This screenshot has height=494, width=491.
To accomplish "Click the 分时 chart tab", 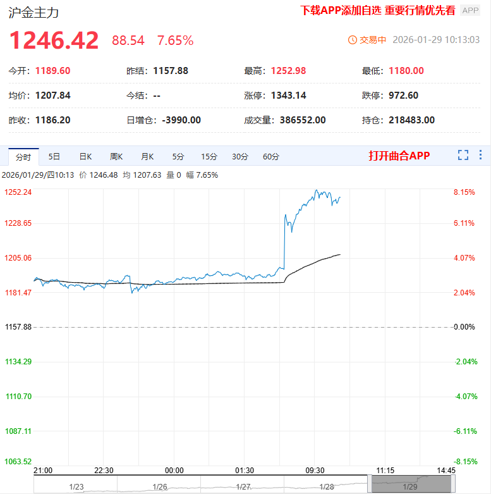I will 23,156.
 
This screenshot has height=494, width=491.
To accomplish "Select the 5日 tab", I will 54,156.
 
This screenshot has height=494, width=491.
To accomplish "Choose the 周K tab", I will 116,156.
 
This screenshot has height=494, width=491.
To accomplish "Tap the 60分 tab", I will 271,156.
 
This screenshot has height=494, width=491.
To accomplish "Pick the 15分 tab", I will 209,156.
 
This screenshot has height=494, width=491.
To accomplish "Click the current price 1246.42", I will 54,40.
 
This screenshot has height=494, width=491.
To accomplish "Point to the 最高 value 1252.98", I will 288,71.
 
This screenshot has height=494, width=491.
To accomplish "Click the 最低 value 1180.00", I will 406,71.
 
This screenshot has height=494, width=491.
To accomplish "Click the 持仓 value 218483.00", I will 411,120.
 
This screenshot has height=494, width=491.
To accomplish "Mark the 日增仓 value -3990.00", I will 181,120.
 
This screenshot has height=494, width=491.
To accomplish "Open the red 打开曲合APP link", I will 399,156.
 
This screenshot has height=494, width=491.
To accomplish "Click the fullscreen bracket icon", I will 463,155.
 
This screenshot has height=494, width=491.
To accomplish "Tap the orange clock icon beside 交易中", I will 353,40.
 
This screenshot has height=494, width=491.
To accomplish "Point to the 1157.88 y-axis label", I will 18,327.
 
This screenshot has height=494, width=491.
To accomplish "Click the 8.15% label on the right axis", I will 464,192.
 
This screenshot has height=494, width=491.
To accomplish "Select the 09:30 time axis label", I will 315,471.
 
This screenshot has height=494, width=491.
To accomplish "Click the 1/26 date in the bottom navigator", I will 160,486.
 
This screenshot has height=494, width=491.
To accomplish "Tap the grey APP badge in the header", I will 470,10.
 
